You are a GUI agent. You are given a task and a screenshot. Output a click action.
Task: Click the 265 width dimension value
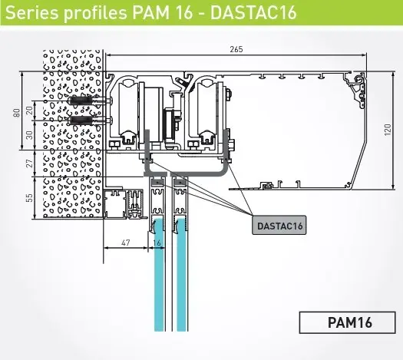point(236,49)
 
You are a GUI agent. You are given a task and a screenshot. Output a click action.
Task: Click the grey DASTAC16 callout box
point(279,226)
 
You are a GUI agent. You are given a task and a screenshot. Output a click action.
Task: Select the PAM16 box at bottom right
point(345,322)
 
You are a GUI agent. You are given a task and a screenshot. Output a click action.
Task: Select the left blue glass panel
point(160,284)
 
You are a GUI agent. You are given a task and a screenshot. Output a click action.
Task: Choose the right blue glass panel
point(183,284)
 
